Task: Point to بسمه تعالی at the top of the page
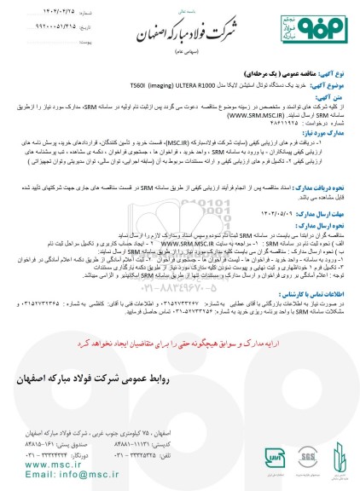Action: pos(180,12)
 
